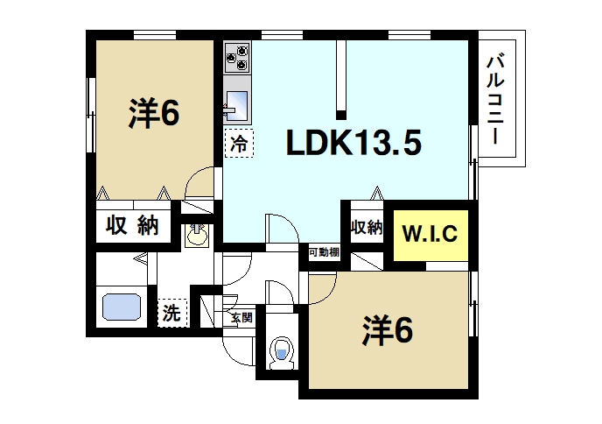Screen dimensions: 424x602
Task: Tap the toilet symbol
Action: click(282, 350)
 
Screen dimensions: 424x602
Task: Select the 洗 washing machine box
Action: click(171, 312)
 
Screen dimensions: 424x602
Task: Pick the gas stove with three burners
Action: click(238, 57)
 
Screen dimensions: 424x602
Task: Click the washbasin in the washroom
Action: click(198, 235)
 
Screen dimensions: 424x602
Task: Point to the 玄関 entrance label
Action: click(241, 317)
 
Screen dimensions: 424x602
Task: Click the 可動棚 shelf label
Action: click(324, 252)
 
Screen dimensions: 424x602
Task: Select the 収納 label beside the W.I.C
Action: click(367, 228)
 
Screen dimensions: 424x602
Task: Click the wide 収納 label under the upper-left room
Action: click(133, 225)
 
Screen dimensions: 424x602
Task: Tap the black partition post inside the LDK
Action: click(341, 78)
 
